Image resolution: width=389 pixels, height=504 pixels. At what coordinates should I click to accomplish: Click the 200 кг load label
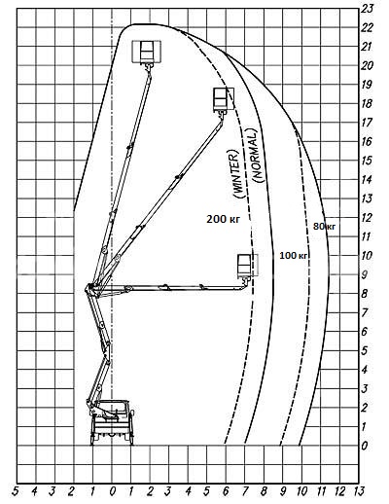(223, 219)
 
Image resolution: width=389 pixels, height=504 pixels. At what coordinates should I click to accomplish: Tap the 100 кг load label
(294, 256)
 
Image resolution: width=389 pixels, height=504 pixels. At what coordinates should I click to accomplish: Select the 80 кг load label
(324, 227)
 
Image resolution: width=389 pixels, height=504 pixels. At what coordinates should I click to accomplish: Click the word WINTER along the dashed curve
(235, 174)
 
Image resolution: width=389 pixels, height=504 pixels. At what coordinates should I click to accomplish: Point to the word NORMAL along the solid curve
(258, 156)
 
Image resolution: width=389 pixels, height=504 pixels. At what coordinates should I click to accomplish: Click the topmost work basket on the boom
(147, 52)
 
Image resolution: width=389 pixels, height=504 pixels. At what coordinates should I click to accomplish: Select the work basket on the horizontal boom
(247, 265)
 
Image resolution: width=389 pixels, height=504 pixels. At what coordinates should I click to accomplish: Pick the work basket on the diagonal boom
(223, 98)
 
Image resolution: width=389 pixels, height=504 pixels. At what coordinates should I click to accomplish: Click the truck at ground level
(113, 422)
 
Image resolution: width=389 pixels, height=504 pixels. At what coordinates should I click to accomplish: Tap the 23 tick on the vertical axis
(367, 9)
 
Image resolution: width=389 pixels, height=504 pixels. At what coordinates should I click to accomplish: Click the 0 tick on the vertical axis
(365, 446)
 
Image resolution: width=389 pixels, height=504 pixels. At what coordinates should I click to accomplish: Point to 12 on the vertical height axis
(367, 218)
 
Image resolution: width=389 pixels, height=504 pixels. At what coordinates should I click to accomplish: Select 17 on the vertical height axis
(367, 123)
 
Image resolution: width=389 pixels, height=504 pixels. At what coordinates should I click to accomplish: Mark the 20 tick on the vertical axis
(367, 66)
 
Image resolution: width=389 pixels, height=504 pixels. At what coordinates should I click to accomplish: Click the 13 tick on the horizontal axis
(358, 491)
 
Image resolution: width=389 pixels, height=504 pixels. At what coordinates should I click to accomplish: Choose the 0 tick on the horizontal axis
(112, 491)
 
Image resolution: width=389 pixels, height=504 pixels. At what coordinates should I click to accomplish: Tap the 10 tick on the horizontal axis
(301, 491)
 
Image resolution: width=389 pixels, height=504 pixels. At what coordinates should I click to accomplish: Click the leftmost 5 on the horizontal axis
(15, 491)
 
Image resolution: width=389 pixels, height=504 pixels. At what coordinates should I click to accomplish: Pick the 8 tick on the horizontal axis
(264, 491)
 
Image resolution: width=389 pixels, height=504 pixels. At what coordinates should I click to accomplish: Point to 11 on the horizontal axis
(321, 491)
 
